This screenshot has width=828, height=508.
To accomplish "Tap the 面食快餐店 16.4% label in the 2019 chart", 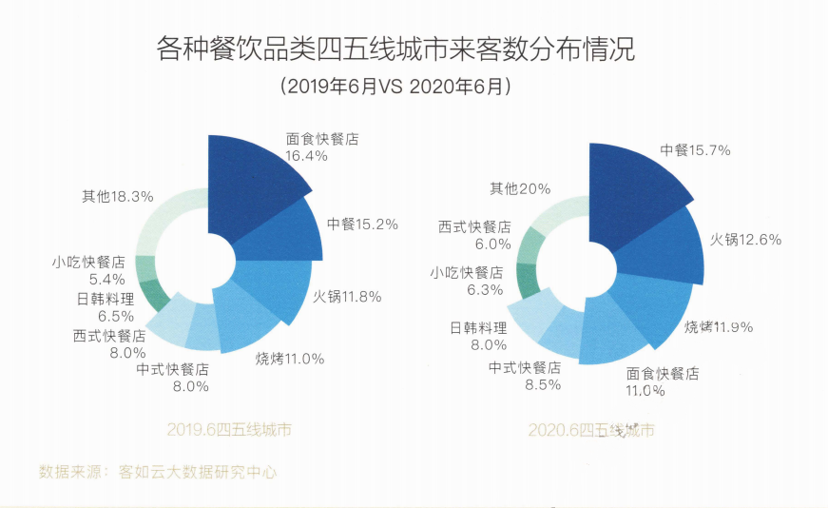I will point(322,147).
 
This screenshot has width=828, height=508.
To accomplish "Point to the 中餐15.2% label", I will point(362,225).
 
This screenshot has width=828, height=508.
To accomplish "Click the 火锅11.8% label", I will point(347,296).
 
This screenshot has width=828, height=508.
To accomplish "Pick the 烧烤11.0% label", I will point(290,359).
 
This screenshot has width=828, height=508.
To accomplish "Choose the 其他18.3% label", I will point(118,197).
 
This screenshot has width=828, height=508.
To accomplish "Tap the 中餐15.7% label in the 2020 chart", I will point(696,150).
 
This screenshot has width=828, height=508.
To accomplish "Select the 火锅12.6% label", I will point(746,239).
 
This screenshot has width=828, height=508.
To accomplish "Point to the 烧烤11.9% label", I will point(719,327).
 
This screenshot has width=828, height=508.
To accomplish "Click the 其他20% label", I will point(520,188).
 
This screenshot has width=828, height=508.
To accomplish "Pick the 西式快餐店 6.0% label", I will point(474,235).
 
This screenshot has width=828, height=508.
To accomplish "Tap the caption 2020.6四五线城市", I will point(591,431).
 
